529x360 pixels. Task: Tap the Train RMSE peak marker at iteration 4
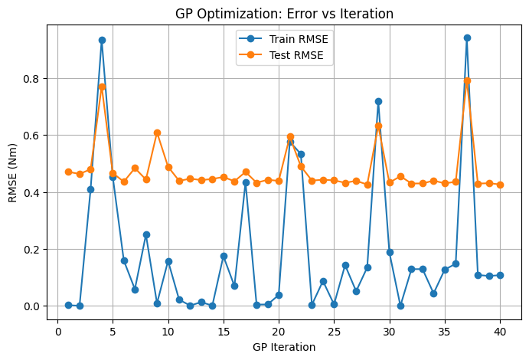[x=102, y=40]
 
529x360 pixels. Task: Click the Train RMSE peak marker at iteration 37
[x=467, y=38]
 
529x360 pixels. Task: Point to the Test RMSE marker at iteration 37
[x=467, y=80]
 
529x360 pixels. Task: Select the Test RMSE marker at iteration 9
[x=157, y=133]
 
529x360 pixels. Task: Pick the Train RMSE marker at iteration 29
[x=378, y=101]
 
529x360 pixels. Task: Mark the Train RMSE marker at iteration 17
[x=246, y=182]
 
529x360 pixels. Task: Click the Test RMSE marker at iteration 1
[x=68, y=172]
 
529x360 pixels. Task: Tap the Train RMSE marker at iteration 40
[x=500, y=275]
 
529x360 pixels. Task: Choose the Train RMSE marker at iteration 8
[x=146, y=234]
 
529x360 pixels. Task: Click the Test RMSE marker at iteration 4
[x=102, y=87]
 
